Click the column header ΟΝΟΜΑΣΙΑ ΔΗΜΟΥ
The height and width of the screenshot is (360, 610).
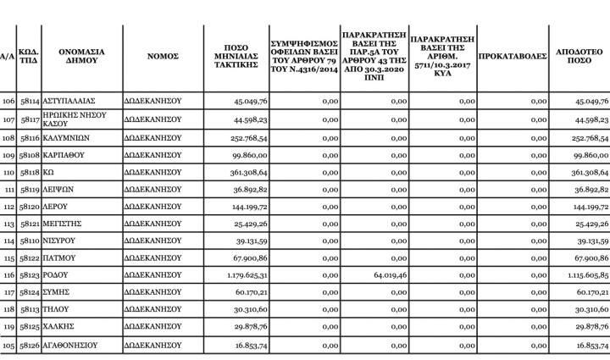tap(81, 56)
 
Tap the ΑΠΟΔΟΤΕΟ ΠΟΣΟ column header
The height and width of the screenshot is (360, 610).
tap(579, 56)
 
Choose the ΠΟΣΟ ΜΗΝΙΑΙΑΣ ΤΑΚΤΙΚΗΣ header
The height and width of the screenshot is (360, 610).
tap(236, 56)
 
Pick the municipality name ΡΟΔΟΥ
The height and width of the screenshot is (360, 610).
tap(57, 275)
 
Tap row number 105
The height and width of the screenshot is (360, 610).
tap(9, 346)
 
